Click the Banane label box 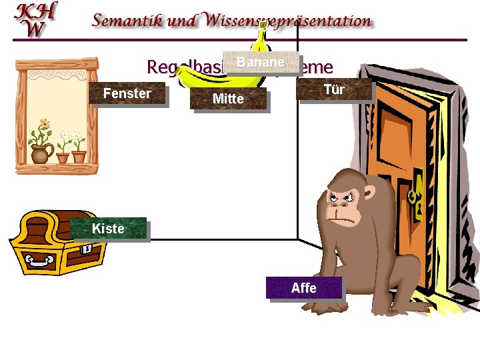[x=261, y=63]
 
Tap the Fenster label [x=127, y=93]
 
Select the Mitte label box [x=228, y=99]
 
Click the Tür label [x=333, y=89]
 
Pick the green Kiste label [x=108, y=229]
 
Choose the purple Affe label [x=303, y=287]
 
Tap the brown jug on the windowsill [x=41, y=154]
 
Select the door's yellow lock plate [x=417, y=197]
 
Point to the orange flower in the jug [x=44, y=124]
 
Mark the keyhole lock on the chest [x=87, y=248]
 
